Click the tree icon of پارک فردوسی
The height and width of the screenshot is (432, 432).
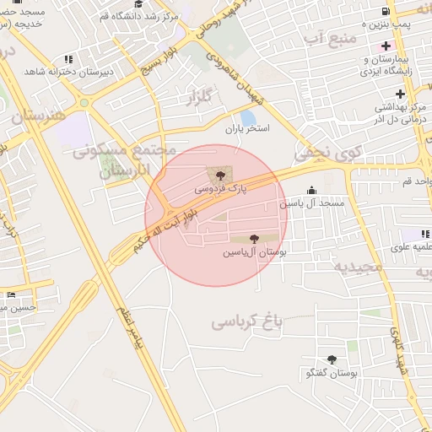click(221, 175)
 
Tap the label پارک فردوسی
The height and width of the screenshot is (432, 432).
click(221, 189)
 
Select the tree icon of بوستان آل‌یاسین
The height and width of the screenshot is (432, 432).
click(255, 239)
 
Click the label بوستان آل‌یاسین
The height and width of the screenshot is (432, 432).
click(255, 252)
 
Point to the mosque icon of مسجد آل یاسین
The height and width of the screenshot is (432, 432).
click(311, 190)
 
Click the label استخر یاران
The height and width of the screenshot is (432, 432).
click(246, 129)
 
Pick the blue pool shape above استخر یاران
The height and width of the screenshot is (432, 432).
click(248, 116)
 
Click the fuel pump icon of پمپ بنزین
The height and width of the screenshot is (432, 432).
click(386, 11)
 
